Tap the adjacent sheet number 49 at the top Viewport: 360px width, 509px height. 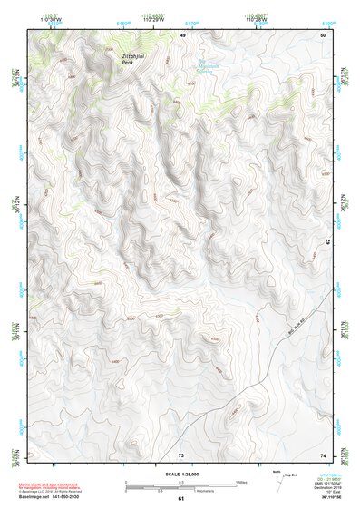pyautogui.click(x=182, y=34)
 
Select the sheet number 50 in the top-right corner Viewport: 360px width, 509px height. pyautogui.click(x=323, y=34)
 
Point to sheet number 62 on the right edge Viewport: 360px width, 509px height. pyautogui.click(x=329, y=242)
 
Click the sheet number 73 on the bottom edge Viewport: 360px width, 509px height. pyautogui.click(x=181, y=455)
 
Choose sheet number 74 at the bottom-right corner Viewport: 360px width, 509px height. pyautogui.click(x=323, y=455)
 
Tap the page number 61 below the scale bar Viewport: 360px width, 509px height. pyautogui.click(x=181, y=498)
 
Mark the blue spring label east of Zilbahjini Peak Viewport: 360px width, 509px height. pyautogui.click(x=208, y=66)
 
